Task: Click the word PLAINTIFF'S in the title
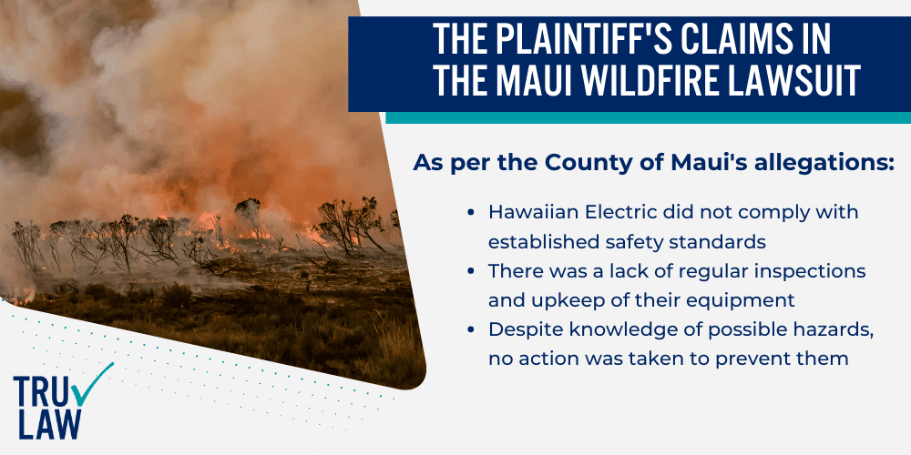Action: point(562,40)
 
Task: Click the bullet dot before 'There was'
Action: point(470,271)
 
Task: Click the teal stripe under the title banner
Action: point(647,117)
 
